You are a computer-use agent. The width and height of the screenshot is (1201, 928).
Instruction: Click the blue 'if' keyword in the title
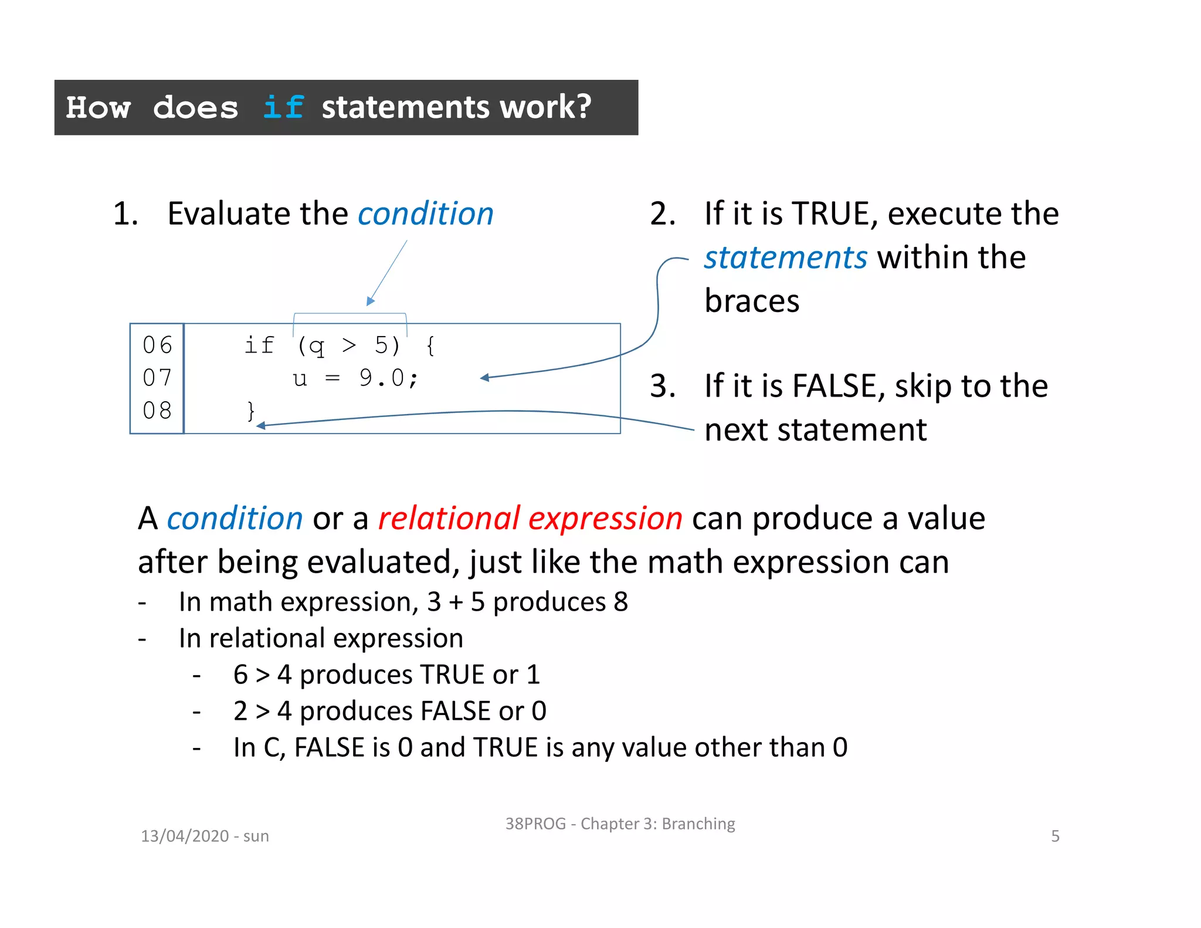283,107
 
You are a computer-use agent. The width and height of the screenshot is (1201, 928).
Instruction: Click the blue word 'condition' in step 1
426,214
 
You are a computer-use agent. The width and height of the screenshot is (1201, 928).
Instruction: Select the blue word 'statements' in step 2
785,258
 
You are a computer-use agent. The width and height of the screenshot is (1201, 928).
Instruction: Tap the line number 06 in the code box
157,346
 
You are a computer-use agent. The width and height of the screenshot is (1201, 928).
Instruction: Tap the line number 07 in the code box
157,378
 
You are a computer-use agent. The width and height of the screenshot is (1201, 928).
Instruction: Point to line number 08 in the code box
157,411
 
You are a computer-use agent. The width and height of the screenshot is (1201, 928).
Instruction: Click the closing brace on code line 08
251,411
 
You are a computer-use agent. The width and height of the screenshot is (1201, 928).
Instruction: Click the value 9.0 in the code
382,378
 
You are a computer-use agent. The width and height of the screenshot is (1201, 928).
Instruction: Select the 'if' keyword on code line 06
259,346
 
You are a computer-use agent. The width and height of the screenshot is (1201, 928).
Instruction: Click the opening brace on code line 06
430,346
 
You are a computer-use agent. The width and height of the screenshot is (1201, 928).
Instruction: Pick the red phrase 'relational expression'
530,519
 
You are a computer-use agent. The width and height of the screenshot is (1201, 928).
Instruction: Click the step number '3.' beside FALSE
663,386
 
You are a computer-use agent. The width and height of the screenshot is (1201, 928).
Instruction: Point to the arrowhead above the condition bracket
370,302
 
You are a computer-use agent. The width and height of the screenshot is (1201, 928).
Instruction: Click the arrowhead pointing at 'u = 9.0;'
484,378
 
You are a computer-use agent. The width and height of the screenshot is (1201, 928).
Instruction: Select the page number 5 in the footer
1055,836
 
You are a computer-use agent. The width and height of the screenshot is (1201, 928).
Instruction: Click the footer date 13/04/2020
185,836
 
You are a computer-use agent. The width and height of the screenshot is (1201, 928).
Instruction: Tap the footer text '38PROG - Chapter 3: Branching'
620,824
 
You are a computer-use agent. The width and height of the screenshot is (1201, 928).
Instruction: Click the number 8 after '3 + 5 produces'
621,602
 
